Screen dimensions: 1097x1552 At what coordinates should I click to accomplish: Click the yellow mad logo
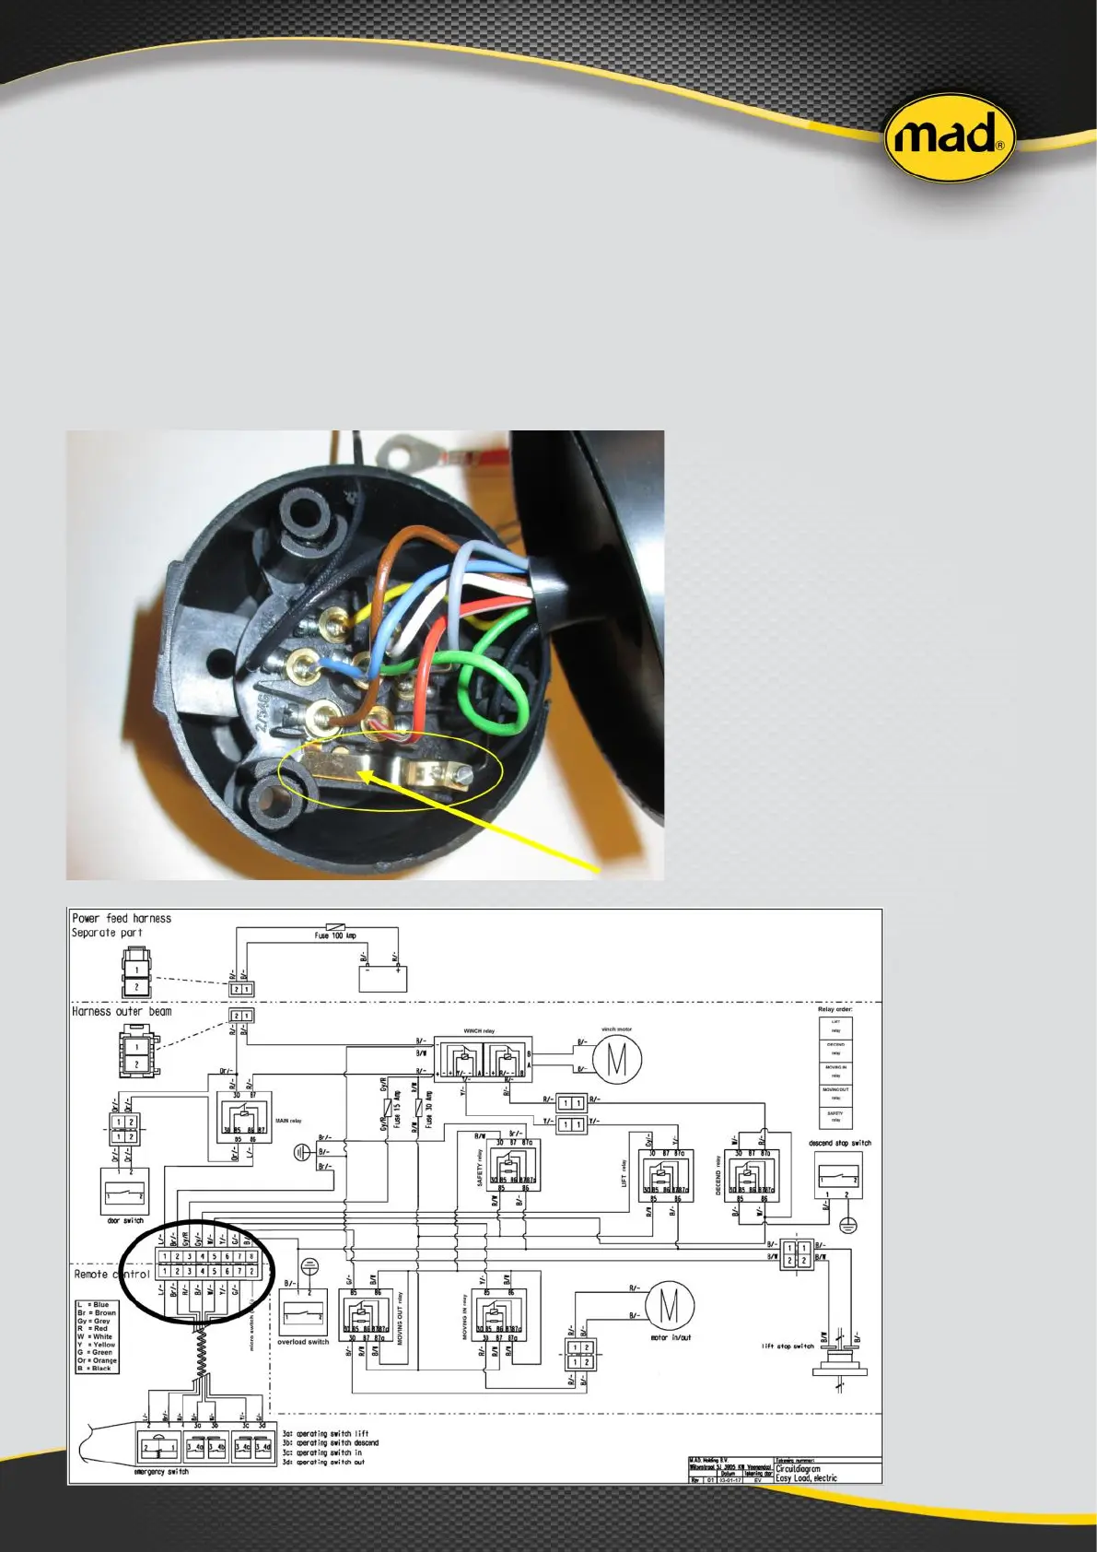click(x=949, y=139)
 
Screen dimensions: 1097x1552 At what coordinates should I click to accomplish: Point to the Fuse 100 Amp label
click(x=335, y=935)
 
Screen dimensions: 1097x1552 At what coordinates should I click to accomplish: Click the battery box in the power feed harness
click(x=382, y=978)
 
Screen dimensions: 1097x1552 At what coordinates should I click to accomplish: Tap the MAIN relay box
click(x=244, y=1117)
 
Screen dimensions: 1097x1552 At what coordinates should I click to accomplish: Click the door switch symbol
click(x=124, y=1191)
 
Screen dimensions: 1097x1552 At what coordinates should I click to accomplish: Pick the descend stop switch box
click(x=838, y=1174)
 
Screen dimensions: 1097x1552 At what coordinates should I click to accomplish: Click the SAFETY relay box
click(x=513, y=1165)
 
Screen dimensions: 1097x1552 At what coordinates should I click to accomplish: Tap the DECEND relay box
click(x=753, y=1175)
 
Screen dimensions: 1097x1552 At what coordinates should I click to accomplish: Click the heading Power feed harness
click(x=122, y=918)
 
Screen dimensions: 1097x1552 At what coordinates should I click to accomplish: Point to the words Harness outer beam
click(x=122, y=1011)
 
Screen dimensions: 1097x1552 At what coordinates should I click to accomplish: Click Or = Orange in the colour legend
click(x=98, y=1360)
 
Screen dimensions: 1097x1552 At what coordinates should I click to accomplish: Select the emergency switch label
click(x=161, y=1472)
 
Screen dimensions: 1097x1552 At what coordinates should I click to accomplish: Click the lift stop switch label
click(x=788, y=1346)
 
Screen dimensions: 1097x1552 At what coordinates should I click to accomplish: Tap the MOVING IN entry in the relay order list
click(x=835, y=1072)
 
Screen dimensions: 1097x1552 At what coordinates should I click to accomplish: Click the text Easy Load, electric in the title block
click(x=806, y=1478)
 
